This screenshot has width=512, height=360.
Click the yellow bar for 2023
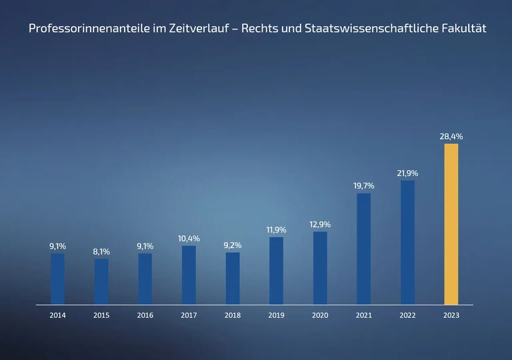(451, 224)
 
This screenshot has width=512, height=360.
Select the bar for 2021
(363, 249)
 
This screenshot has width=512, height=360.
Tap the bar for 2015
(101, 281)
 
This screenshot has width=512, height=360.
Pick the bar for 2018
(233, 278)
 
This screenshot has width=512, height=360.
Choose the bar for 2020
(320, 268)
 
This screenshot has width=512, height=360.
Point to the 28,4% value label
(451, 136)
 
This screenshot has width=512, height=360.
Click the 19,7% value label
(364, 186)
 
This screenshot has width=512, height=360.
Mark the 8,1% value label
(101, 251)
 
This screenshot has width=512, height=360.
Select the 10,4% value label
(189, 238)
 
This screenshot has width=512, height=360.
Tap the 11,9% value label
(276, 230)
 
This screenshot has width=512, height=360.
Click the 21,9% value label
(407, 173)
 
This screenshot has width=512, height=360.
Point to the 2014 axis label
(58, 315)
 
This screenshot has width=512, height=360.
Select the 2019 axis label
(276, 315)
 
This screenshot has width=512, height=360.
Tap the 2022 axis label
(407, 315)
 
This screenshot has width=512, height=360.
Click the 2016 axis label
(145, 315)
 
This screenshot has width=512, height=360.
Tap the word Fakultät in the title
(464, 29)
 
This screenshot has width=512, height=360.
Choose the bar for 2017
(189, 275)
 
